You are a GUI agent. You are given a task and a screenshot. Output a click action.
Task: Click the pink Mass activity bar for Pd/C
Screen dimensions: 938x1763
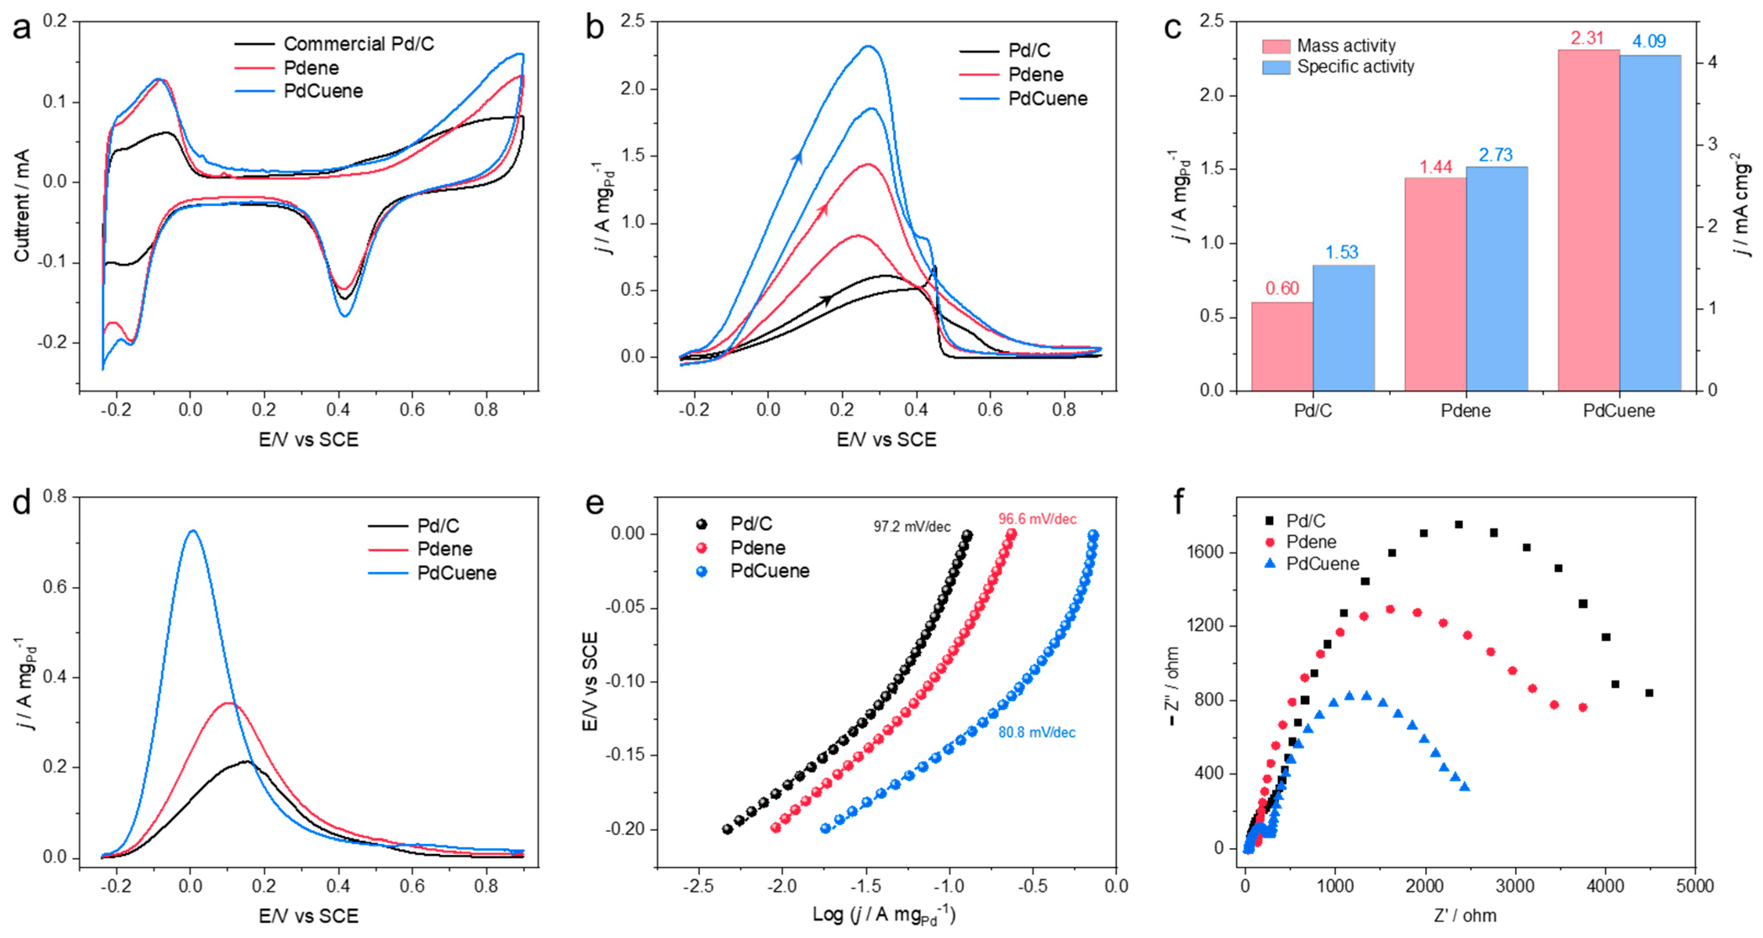coord(1282,346)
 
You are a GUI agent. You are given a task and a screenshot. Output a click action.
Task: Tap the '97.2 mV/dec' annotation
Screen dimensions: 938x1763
coord(912,527)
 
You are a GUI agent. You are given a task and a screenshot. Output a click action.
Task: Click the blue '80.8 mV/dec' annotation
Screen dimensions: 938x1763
coord(1036,733)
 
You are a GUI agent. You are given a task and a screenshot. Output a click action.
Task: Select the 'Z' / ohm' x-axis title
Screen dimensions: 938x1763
coord(1465,915)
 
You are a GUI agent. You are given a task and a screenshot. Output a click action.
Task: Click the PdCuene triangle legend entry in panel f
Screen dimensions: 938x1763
coord(1321,564)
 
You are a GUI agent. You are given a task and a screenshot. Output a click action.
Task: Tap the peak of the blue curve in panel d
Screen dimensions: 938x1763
coord(192,530)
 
